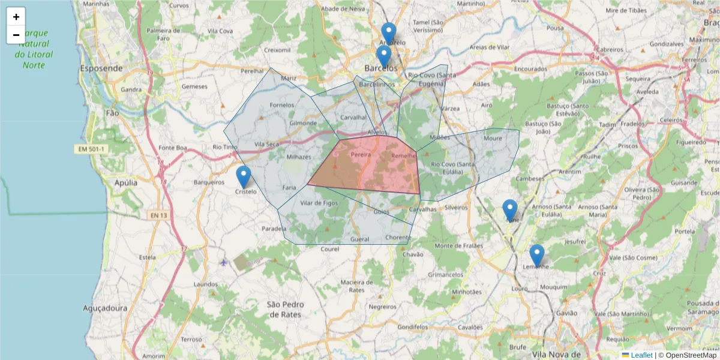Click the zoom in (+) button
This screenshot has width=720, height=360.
point(16,17)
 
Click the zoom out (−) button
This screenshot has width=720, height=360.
point(16,35)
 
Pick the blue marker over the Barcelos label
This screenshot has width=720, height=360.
point(384,56)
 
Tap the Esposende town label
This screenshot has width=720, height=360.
point(101,68)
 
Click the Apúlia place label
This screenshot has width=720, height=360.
point(125,182)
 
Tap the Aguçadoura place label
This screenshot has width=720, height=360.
point(105,308)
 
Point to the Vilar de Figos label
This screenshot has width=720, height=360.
point(319,203)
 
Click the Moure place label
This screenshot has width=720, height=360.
point(493,138)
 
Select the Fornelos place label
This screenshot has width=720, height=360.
point(282,105)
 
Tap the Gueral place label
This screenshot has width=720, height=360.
point(359,239)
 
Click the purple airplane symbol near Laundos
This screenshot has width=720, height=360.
point(224,262)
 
